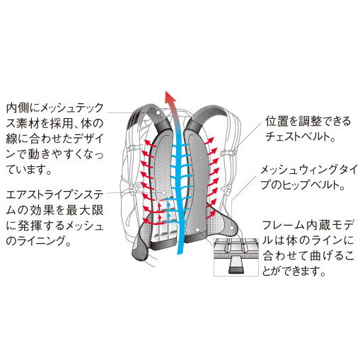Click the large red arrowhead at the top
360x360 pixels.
click(x=170, y=97)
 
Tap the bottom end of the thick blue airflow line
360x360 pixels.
click(x=180, y=252)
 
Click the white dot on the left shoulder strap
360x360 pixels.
click(x=158, y=112)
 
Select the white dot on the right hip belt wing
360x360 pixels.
click(x=232, y=228)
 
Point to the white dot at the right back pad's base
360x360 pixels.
click(x=197, y=229)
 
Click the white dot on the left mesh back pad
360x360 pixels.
click(x=164, y=193)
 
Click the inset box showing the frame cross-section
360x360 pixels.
click(x=236, y=257)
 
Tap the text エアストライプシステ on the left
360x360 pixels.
click(x=55, y=195)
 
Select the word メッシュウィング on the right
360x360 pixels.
click(x=296, y=170)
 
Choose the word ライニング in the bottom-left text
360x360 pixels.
click(x=40, y=240)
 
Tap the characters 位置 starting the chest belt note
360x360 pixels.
click(x=277, y=122)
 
